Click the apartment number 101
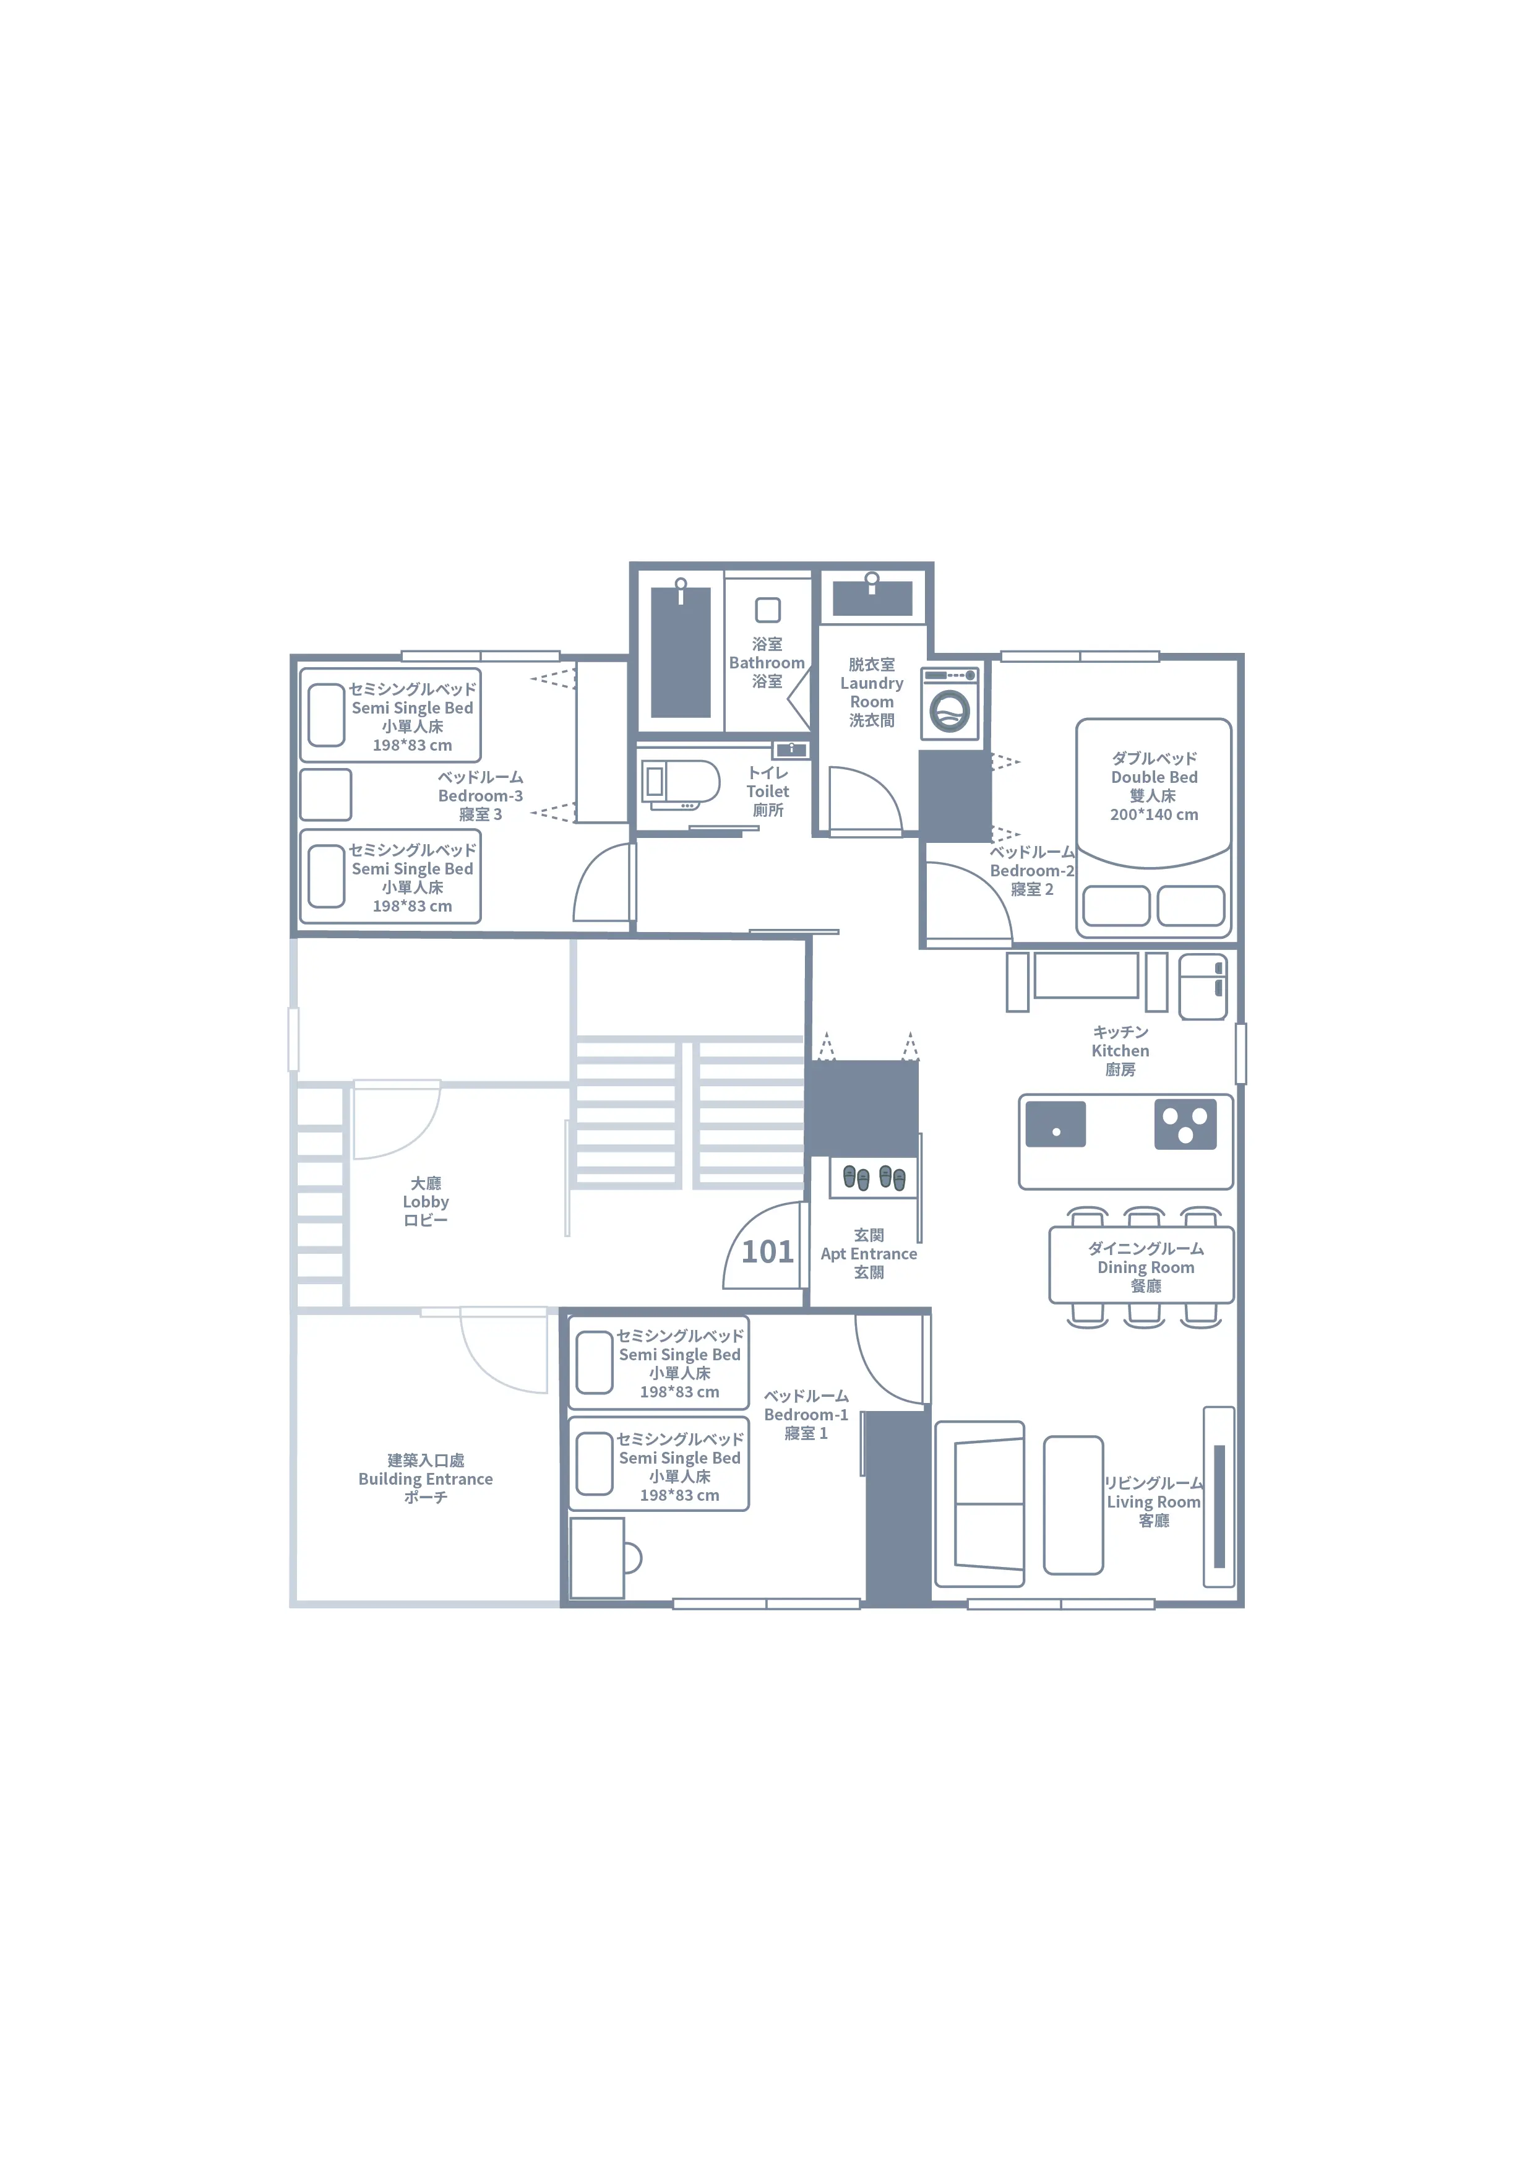(x=767, y=1252)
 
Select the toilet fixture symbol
(x=681, y=785)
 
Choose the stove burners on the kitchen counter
(x=1185, y=1124)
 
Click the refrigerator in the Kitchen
(x=1203, y=986)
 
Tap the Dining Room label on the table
(x=1146, y=1267)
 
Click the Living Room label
(x=1154, y=1501)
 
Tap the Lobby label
(x=425, y=1202)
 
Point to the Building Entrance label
(x=425, y=1479)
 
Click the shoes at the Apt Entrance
(x=874, y=1177)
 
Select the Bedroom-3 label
(x=480, y=795)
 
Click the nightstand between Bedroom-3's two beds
(x=326, y=794)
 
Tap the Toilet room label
(x=767, y=792)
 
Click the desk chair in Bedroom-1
(x=632, y=1557)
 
